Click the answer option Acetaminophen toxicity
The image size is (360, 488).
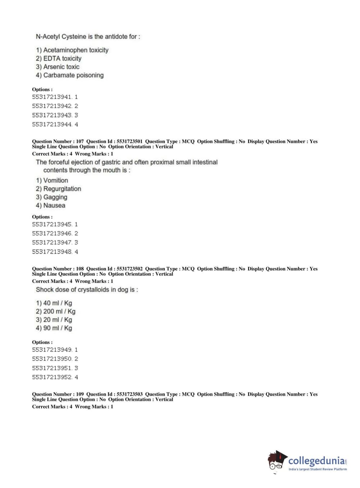tap(76, 50)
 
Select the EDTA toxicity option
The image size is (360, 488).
tap(62, 58)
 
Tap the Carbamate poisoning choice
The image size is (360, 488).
tap(73, 75)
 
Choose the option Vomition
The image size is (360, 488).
tap(55, 180)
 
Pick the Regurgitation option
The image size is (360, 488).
tap(62, 189)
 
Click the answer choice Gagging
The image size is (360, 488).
tap(55, 197)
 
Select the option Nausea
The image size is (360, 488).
tap(54, 205)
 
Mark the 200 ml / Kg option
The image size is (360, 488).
tap(59, 311)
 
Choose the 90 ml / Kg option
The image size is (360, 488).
tap(58, 328)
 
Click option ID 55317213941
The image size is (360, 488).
tap(52, 97)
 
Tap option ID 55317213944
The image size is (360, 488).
tap(52, 125)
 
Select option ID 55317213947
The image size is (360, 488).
tap(52, 243)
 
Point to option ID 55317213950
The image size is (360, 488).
tap(52, 359)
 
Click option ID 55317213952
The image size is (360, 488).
tap(52, 377)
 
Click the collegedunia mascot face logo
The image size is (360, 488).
tap(277, 461)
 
